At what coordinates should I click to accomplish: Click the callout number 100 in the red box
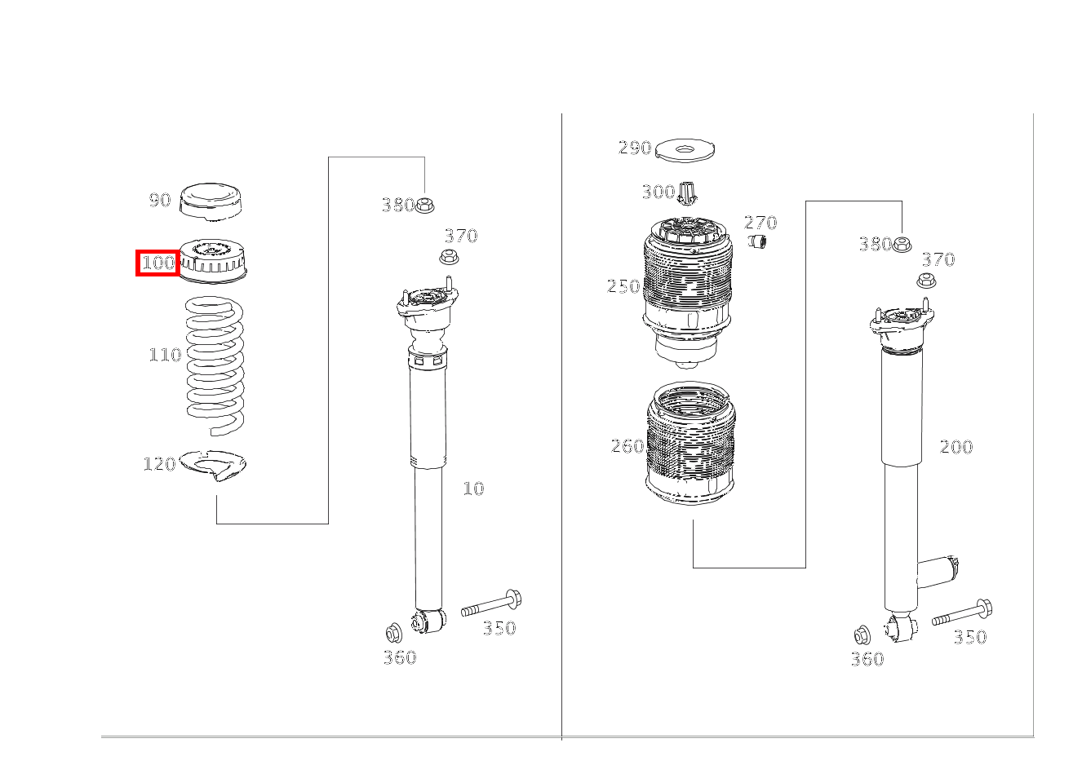[158, 263]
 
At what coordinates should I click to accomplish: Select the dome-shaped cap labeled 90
[211, 202]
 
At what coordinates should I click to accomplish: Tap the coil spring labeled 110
[215, 366]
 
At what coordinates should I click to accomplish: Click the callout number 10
[473, 489]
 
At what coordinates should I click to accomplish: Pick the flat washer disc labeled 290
[685, 151]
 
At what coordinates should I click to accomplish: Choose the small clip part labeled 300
[687, 193]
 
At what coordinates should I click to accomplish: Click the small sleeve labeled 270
[757, 241]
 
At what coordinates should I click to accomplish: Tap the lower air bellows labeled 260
[691, 444]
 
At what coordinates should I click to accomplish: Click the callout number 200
[956, 447]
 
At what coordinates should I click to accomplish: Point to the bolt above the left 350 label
[491, 604]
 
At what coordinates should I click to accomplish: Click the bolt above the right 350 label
[962, 612]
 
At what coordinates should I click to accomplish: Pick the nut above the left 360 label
[393, 633]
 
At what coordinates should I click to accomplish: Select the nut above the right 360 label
[862, 635]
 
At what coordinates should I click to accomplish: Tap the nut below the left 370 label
[449, 256]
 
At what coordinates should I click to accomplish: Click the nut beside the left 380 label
[424, 206]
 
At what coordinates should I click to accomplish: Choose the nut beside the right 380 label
[902, 244]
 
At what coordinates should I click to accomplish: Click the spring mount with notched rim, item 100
[212, 261]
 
